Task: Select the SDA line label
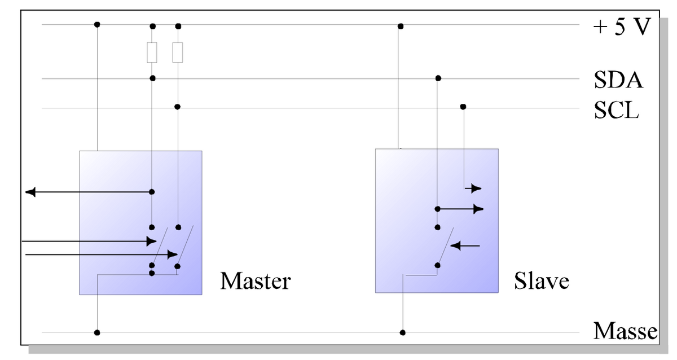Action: click(x=618, y=80)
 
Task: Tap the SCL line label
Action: click(x=617, y=110)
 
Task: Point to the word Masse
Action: click(x=625, y=331)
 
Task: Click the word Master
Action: click(x=255, y=280)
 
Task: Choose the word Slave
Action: click(x=541, y=280)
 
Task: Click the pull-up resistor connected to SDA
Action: click(x=152, y=52)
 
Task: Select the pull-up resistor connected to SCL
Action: click(x=178, y=52)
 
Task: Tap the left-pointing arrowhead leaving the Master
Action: click(x=30, y=192)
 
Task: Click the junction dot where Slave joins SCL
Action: click(x=463, y=106)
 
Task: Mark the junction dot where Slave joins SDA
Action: click(x=438, y=78)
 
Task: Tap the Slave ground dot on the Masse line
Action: click(x=402, y=332)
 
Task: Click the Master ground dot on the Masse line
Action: click(x=97, y=332)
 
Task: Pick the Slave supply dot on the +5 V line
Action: click(x=400, y=26)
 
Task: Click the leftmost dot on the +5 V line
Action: click(x=97, y=24)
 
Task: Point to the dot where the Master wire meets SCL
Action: click(x=177, y=107)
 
